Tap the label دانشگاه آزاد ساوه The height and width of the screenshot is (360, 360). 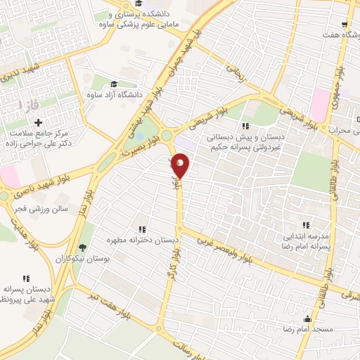115,94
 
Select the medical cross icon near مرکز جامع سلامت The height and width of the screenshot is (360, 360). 37,123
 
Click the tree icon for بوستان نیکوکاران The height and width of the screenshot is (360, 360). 83,247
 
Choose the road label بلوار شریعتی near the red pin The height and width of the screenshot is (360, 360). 211,117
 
